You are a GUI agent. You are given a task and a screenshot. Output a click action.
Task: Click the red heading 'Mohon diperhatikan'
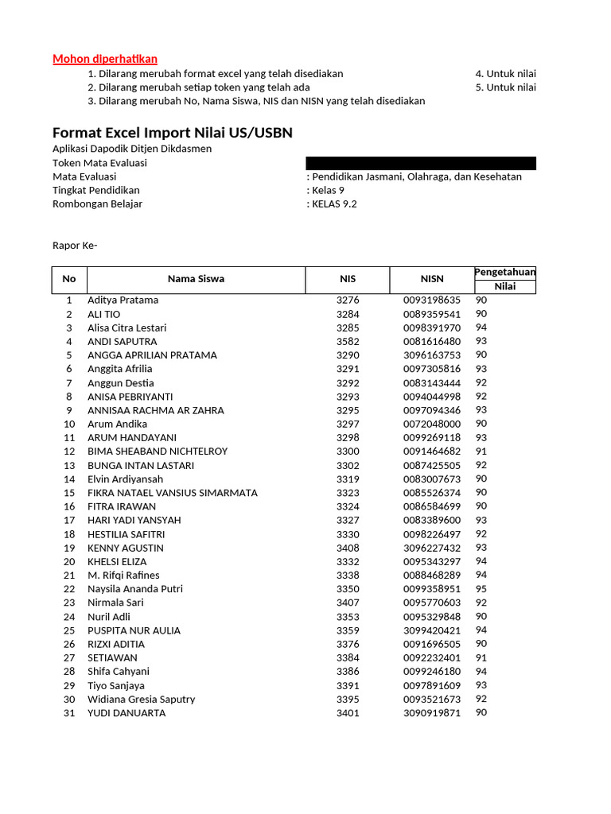pos(105,59)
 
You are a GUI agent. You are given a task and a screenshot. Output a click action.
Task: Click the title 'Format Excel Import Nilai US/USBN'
pos(172,133)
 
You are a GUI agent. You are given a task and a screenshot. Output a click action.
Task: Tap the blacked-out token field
pos(421,163)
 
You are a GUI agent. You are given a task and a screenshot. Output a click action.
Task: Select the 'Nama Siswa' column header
pos(196,279)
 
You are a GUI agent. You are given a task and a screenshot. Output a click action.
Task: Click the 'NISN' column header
pos(432,279)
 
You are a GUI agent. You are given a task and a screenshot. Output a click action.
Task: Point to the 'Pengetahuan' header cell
pos(505,273)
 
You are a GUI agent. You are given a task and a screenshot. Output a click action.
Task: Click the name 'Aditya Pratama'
pos(123,300)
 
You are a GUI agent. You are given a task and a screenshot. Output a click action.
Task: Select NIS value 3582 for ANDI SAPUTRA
pos(348,342)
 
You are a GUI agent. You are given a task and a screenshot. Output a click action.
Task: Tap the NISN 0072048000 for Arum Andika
pos(431,424)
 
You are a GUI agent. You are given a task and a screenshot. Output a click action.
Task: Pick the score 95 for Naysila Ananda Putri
pos(481,589)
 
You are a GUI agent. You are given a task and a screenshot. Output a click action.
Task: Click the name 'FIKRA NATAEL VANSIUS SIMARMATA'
pos(172,493)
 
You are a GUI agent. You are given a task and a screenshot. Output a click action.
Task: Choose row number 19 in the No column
pos(69,548)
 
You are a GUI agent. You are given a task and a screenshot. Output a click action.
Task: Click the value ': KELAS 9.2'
pos(332,204)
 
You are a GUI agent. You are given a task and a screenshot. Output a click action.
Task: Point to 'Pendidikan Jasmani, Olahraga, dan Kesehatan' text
pos(417,176)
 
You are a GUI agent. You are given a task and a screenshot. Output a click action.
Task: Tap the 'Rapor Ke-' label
pos(75,246)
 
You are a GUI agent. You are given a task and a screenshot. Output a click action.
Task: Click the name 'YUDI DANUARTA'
pos(126,713)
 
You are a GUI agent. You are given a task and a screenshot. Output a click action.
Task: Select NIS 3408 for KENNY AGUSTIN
pos(348,548)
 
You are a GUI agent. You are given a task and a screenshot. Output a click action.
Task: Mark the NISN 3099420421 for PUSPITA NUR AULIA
pos(431,630)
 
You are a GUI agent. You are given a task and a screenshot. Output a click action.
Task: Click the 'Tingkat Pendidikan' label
pos(95,191)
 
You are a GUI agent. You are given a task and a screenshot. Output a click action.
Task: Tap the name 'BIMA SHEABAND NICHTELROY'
pos(158,452)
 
